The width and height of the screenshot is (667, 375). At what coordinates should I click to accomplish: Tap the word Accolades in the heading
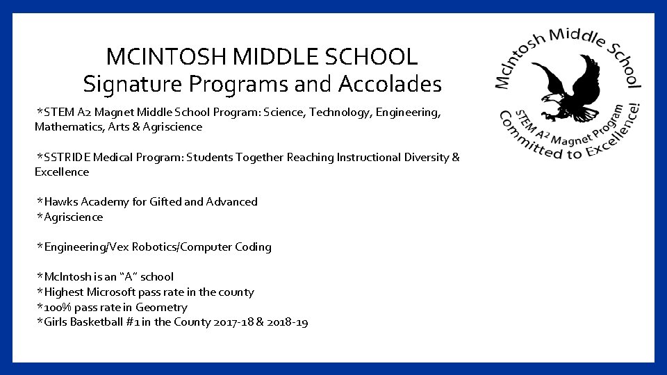point(390,85)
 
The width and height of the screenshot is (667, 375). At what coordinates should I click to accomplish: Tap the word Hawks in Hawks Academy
point(60,202)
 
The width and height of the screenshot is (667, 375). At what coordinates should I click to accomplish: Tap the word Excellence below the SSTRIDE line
point(62,172)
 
